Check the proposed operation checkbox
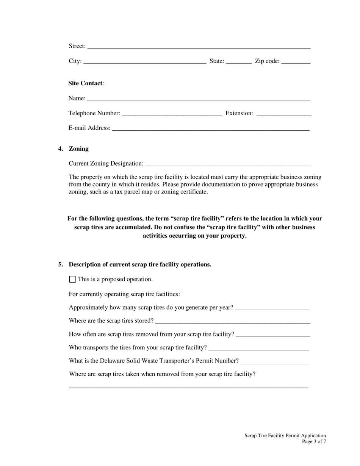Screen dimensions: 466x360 point(72,280)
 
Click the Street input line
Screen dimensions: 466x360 point(199,47)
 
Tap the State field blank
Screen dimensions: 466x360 point(239,62)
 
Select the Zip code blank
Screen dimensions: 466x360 point(296,62)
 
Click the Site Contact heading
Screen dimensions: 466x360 point(86,83)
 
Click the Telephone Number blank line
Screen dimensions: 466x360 point(172,114)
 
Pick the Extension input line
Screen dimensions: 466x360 point(284,114)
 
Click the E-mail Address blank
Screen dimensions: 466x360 point(211,128)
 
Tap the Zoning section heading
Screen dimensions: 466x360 point(79,149)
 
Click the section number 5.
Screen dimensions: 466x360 point(61,265)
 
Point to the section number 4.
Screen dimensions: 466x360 point(61,149)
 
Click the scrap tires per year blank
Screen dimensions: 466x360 point(272,308)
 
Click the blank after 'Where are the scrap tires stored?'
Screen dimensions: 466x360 point(233,321)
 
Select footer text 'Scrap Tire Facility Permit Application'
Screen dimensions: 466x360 point(285,436)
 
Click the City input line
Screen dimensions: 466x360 point(144,62)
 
